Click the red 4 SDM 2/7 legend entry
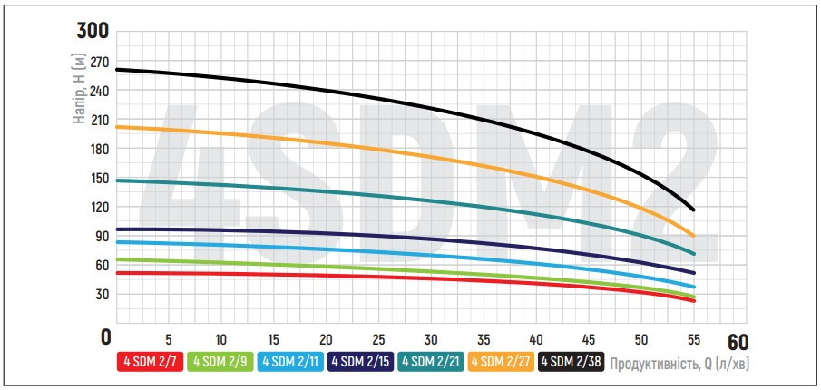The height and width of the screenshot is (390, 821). (151, 362)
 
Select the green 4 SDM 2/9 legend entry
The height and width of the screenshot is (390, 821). (220, 362)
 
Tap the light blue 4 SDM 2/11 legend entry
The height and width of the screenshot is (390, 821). (291, 362)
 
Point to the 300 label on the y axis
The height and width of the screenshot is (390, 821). (93, 32)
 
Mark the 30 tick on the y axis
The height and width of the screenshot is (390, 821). (99, 294)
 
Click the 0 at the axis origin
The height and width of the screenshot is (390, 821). (105, 336)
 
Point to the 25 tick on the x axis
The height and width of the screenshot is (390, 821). (378, 336)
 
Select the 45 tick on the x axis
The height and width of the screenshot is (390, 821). (589, 336)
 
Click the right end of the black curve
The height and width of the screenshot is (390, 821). (694, 210)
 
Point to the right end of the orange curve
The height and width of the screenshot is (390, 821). (694, 236)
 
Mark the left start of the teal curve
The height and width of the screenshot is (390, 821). (117, 180)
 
